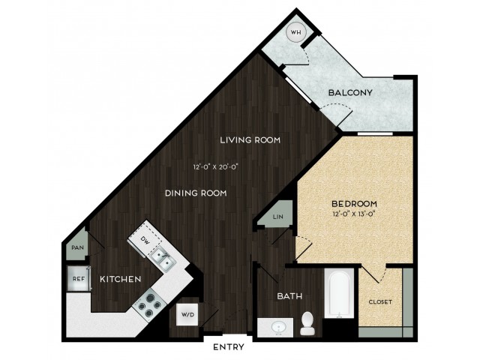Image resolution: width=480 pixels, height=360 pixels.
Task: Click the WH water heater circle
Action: (295, 32)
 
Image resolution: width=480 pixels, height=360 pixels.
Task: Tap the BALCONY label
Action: (350, 92)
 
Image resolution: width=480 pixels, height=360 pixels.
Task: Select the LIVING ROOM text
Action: (250, 140)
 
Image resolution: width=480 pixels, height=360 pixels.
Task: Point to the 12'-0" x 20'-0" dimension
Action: (216, 167)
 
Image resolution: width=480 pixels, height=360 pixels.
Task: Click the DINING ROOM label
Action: (196, 193)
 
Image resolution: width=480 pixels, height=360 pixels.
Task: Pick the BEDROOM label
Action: (355, 203)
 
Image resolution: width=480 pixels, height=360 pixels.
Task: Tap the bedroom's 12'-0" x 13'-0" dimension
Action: (354, 214)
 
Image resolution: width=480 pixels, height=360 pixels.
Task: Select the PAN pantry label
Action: (77, 247)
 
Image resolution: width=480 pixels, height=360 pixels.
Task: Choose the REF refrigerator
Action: (79, 279)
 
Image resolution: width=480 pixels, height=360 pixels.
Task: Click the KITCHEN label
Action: (121, 279)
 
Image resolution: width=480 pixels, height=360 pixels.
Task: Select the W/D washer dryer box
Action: (187, 314)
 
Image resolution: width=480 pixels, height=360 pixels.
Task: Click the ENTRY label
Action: (229, 346)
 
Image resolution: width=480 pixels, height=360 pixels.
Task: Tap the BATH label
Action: (289, 296)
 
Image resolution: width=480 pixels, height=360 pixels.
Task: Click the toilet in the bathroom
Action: (307, 323)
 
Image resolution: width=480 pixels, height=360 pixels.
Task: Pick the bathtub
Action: (340, 294)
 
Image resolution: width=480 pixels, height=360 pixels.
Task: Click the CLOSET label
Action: (380, 301)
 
